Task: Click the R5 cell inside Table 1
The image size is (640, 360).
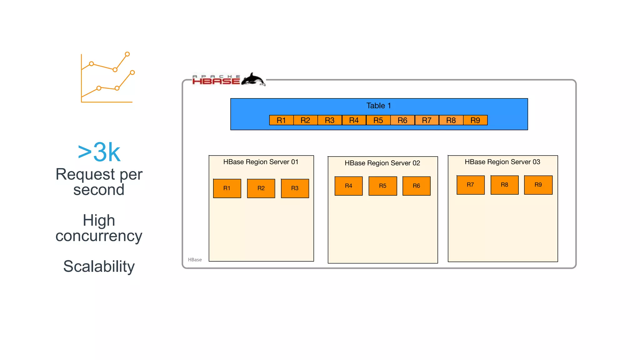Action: click(378, 120)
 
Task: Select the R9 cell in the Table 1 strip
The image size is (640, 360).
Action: click(475, 120)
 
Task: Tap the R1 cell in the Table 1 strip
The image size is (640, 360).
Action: click(281, 120)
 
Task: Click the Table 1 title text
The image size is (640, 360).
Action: click(378, 106)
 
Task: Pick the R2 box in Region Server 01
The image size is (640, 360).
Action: click(261, 188)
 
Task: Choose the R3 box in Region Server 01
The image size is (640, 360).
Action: click(295, 188)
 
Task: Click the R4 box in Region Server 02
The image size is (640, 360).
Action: click(348, 186)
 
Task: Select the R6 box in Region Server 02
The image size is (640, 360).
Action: click(416, 186)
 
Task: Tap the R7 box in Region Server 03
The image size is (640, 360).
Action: click(470, 185)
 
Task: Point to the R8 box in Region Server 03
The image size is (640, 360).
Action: click(504, 185)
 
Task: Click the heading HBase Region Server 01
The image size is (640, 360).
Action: click(261, 162)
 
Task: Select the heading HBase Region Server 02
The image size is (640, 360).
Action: click(382, 163)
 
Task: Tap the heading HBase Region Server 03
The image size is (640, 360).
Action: click(502, 162)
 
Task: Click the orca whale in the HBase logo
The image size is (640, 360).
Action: click(253, 79)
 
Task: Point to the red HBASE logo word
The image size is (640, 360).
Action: click(216, 81)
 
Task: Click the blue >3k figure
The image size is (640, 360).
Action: click(99, 152)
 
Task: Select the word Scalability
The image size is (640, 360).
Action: click(99, 266)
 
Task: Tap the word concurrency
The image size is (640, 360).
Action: click(99, 236)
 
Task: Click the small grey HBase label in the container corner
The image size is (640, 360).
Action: click(195, 260)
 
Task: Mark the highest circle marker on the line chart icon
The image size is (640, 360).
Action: click(127, 54)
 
